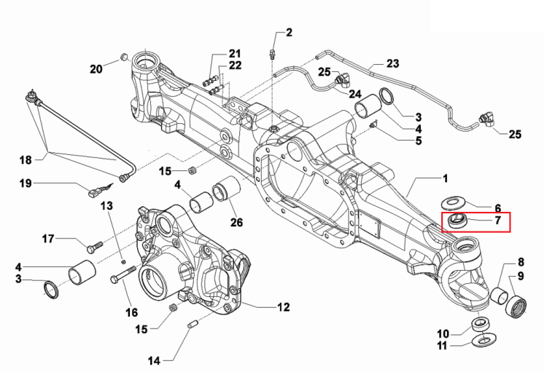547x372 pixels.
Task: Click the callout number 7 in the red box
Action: (x=497, y=220)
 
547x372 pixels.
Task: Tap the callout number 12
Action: (x=283, y=307)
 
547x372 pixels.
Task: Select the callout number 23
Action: (x=392, y=63)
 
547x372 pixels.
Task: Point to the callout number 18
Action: (x=26, y=160)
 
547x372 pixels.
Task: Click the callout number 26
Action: (x=236, y=222)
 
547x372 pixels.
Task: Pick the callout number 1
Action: (x=445, y=178)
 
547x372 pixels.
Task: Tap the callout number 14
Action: (x=154, y=361)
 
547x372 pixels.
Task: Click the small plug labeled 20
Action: (x=123, y=57)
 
